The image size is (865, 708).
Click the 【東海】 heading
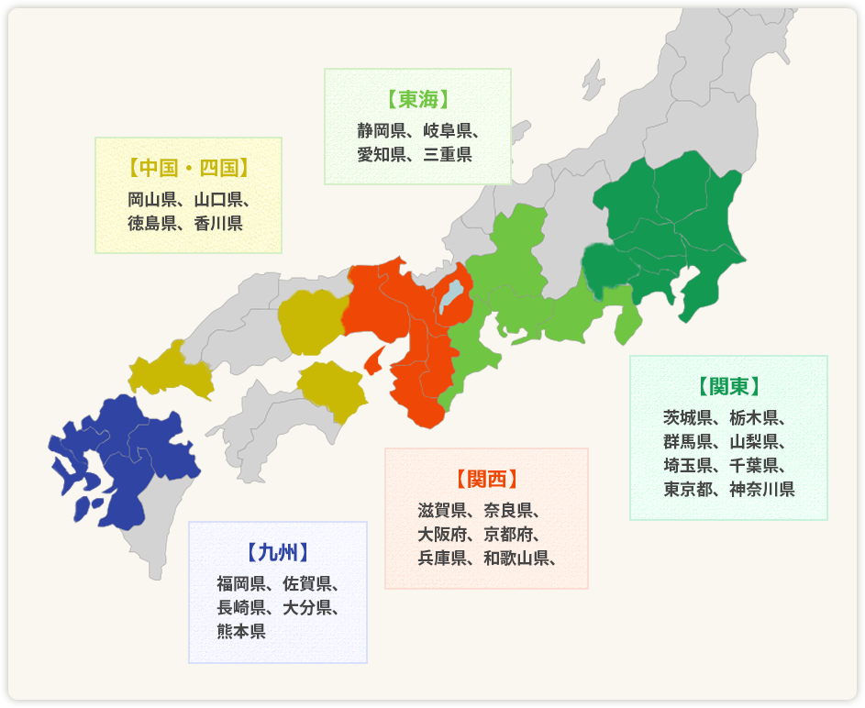pyautogui.click(x=417, y=99)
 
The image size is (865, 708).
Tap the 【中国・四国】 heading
pyautogui.click(x=188, y=168)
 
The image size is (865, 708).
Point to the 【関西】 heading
pyautogui.click(x=486, y=479)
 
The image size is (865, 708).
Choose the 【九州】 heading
pyautogui.click(x=277, y=552)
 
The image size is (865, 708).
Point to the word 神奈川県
pyautogui.click(x=762, y=489)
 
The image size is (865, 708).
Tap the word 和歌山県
pyautogui.click(x=516, y=558)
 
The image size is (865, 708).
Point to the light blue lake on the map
pyautogui.click(x=449, y=296)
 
